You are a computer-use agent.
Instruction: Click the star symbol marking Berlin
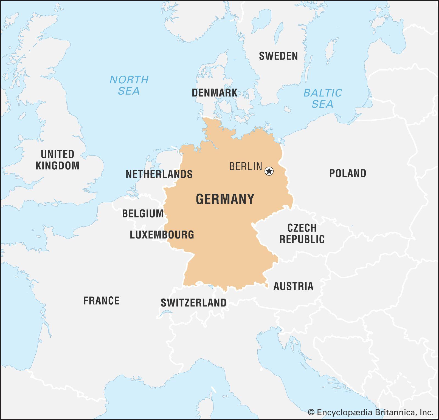(269, 171)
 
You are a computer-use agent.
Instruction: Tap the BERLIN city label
(246, 166)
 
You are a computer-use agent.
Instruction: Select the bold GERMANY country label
(225, 199)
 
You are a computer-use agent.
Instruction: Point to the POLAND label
(348, 173)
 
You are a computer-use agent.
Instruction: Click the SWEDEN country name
(278, 56)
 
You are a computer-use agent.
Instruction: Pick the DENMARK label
(214, 93)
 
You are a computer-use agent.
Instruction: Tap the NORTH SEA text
(129, 85)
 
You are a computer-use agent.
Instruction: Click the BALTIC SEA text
(322, 98)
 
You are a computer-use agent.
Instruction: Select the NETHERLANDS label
(159, 174)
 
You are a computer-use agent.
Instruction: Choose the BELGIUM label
(143, 214)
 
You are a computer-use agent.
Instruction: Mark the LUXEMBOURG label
(162, 235)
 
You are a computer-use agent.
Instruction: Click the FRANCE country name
(101, 301)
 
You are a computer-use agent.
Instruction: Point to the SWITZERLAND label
(193, 303)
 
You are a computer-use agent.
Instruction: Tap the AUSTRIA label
(293, 286)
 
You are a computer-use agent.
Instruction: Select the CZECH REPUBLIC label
(302, 234)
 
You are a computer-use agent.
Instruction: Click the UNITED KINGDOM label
(58, 160)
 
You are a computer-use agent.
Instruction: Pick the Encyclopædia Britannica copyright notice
(370, 412)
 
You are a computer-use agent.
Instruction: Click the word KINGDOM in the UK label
(58, 166)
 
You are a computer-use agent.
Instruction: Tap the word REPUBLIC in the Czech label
(302, 239)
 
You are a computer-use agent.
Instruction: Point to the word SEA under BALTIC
(322, 104)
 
